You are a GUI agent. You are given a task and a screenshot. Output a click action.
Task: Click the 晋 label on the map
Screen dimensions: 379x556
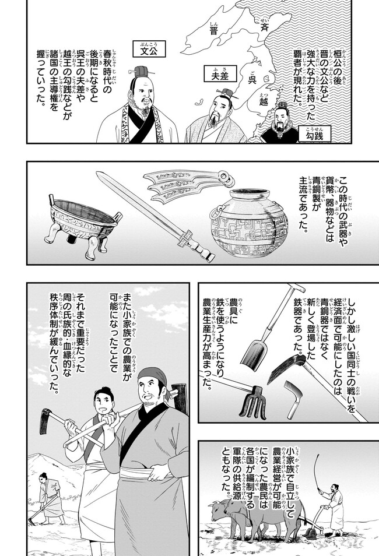[213, 30]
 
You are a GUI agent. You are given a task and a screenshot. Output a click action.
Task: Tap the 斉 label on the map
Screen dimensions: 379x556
[264, 27]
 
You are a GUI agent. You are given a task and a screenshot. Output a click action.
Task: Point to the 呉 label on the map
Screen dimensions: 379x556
[252, 79]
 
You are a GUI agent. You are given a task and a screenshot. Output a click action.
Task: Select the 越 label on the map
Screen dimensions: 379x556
[264, 102]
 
